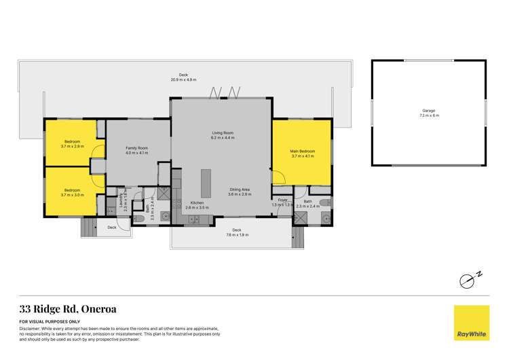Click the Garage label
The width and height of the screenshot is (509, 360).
[x=429, y=113]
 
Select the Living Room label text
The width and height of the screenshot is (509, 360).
[x=223, y=135]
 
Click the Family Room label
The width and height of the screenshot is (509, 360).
[x=137, y=150]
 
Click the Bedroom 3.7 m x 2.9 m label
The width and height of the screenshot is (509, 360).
[x=72, y=143]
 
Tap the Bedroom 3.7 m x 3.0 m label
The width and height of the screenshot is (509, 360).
[x=72, y=192]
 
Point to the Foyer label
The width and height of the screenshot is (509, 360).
[x=283, y=202]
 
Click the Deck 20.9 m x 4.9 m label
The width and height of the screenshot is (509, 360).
[x=183, y=77]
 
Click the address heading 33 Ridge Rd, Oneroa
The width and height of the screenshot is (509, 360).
[x=68, y=308]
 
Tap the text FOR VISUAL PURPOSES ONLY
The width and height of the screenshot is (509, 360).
[x=50, y=321]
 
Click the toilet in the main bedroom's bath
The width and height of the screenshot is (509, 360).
[x=325, y=202]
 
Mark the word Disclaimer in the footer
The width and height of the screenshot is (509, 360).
[x=31, y=328]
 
